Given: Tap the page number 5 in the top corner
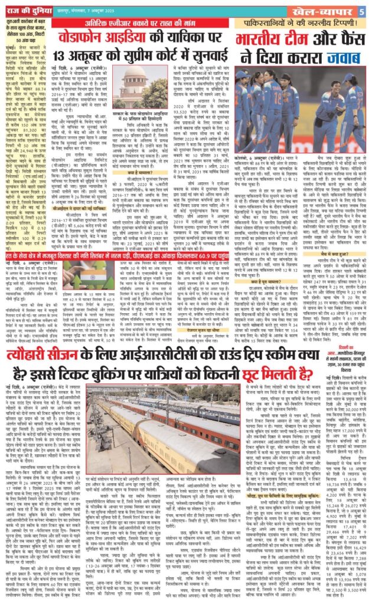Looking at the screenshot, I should pyautogui.click(x=366, y=9).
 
